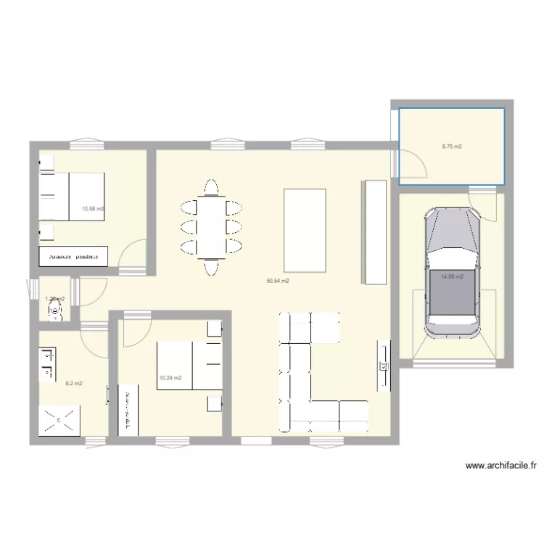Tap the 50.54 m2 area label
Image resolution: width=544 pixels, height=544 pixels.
coord(278,281)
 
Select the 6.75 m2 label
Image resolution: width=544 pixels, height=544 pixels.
coord(452,147)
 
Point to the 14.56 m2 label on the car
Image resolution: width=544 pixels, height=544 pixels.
coord(452,276)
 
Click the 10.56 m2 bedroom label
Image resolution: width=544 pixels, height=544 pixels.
coord(93,209)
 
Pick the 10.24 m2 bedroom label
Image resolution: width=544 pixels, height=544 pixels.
coord(170,377)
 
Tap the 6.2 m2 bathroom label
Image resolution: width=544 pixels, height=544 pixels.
coord(74,383)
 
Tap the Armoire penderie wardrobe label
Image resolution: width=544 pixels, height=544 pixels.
coord(73,257)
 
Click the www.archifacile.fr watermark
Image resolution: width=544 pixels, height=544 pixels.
coord(500,466)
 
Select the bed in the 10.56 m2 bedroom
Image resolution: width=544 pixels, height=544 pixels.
coord(76,200)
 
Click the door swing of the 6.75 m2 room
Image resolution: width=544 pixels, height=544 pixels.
coord(415,162)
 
